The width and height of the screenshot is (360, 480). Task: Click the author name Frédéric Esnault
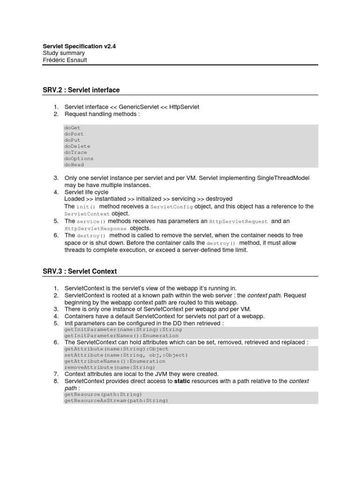click(65, 60)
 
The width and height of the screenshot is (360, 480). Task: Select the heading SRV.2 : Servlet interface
click(81, 90)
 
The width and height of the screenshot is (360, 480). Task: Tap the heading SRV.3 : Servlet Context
click(80, 271)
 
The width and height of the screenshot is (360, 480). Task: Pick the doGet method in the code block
click(73, 127)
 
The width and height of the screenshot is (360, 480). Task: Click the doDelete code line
click(77, 146)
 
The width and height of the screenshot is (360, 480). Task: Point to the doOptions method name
click(79, 158)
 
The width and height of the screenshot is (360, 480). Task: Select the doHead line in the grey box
click(74, 165)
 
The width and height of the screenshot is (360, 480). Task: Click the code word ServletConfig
click(172, 207)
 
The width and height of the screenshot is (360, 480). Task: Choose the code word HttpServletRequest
click(238, 221)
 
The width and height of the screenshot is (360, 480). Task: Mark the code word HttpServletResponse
click(96, 228)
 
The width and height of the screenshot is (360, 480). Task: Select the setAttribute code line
click(126, 355)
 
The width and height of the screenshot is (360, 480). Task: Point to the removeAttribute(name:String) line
click(110, 367)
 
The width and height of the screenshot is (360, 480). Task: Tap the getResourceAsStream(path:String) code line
click(116, 401)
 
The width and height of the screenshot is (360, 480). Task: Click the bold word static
click(182, 381)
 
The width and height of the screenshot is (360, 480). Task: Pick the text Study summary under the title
click(64, 53)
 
